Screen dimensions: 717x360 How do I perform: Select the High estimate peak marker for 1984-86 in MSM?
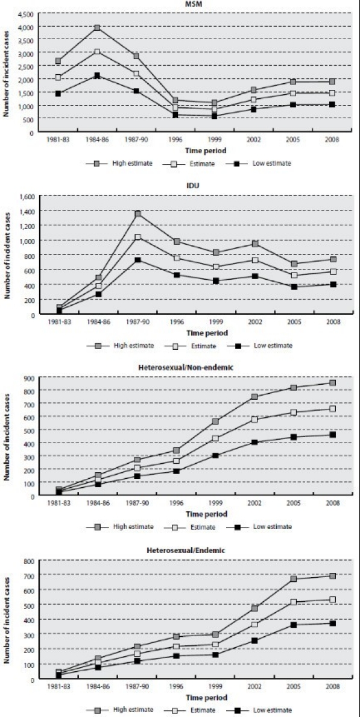click(97, 28)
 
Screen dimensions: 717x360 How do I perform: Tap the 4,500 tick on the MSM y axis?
click(25, 13)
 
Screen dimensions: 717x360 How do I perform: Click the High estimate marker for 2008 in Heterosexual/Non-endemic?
click(332, 383)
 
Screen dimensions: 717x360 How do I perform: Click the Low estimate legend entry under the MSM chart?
click(263, 163)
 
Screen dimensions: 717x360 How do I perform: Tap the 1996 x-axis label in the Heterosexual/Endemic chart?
click(175, 687)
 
